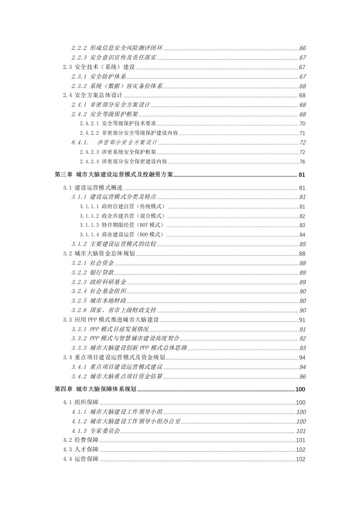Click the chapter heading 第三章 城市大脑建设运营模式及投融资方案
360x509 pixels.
click(114, 176)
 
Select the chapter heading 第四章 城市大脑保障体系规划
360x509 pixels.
click(96, 389)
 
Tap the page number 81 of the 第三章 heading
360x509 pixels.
click(302, 176)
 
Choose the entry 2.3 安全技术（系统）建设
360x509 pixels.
click(99, 68)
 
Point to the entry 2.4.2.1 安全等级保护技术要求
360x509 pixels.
click(118, 123)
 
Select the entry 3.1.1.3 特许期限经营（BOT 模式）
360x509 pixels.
click(122, 225)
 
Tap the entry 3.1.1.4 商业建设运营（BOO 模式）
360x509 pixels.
click(122, 235)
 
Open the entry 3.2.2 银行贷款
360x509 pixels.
click(93, 272)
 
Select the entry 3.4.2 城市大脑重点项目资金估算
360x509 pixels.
click(117, 377)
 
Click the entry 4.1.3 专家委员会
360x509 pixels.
click(96, 431)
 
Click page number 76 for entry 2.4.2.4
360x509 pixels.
click(302, 162)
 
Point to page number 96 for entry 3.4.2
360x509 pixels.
click(302, 377)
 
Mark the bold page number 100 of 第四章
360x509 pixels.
click(301, 389)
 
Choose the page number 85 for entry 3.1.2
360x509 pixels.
click(302, 244)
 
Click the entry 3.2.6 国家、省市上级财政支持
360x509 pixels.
click(114, 310)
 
